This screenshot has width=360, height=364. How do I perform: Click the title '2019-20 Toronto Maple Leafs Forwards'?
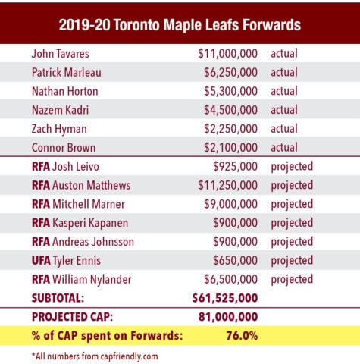[x=180, y=24]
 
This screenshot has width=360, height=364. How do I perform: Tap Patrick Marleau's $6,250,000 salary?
[x=227, y=72]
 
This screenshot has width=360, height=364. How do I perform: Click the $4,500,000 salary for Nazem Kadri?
[x=227, y=109]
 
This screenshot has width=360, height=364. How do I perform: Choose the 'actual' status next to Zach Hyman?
[x=284, y=128]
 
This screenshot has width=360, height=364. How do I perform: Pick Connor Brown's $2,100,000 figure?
[x=227, y=146]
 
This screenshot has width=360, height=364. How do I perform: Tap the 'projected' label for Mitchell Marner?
[x=292, y=204]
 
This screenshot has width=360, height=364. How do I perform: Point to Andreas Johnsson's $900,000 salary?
[x=236, y=241]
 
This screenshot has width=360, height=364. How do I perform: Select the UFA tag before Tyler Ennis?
[x=42, y=260]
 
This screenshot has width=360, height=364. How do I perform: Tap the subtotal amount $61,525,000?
[x=226, y=297]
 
